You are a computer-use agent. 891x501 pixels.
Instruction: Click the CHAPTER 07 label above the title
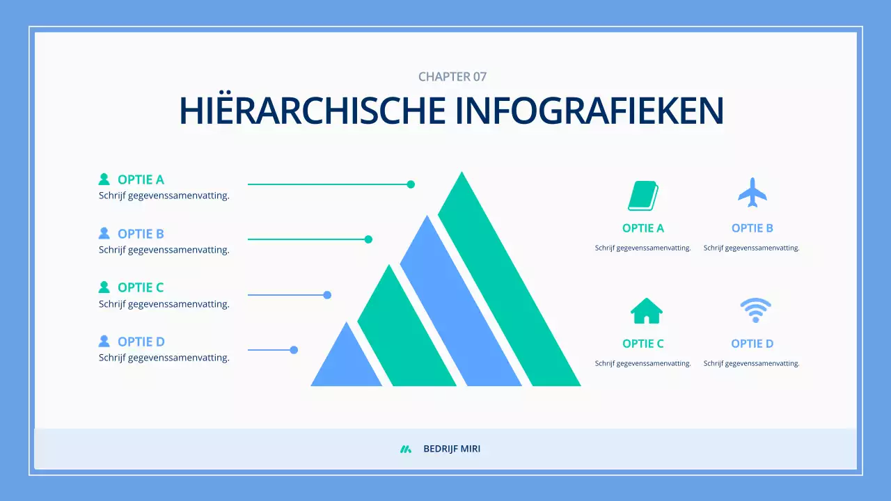click(452, 77)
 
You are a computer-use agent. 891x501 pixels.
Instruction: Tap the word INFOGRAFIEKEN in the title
click(590, 111)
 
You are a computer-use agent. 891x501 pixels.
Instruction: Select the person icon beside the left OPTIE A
click(104, 180)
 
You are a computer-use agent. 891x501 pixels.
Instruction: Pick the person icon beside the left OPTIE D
click(104, 341)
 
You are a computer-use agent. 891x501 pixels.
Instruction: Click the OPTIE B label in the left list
click(141, 234)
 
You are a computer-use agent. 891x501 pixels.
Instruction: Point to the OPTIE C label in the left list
click(141, 287)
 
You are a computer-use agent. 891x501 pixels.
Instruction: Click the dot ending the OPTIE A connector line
click(411, 184)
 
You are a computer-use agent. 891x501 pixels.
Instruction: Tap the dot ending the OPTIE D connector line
click(294, 350)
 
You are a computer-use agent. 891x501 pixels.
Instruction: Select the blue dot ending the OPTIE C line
click(327, 295)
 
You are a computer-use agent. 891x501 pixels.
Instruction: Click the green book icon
click(643, 196)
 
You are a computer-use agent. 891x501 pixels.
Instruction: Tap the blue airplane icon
click(752, 193)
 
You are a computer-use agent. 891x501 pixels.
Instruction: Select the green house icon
click(646, 311)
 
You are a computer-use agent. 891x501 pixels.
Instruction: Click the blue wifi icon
click(755, 310)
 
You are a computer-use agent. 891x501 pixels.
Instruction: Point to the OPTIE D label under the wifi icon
click(752, 344)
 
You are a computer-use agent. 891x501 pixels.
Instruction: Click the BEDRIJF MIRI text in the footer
click(452, 449)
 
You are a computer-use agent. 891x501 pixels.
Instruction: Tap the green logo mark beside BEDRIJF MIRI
click(406, 449)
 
